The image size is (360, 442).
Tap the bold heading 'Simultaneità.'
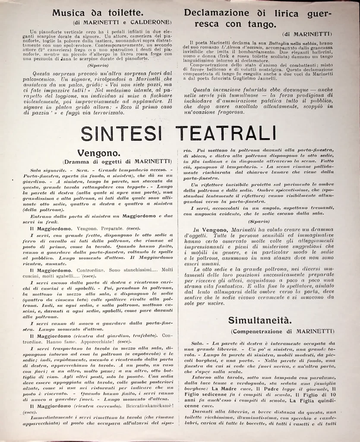click(x=255, y=320)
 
